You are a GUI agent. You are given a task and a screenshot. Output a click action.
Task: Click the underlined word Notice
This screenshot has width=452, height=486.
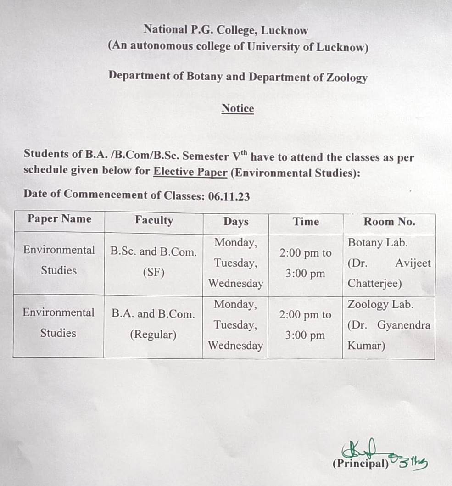coord(237,108)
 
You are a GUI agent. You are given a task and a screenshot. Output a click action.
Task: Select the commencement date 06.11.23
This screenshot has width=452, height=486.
coord(229,196)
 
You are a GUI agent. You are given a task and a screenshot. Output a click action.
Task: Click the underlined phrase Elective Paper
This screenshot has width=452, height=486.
coord(190,173)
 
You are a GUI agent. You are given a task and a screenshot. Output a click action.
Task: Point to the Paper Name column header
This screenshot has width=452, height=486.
coord(59,219)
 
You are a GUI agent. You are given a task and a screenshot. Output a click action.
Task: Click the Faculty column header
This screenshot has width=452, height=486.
coord(154,220)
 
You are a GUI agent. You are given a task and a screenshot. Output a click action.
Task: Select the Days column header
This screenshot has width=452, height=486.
coord(235,222)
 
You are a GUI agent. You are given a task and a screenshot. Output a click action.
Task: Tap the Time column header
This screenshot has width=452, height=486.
coord(306,222)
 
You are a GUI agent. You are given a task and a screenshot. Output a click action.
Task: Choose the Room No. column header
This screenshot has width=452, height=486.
coord(389,222)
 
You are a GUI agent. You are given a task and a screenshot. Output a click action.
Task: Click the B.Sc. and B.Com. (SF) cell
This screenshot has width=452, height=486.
coord(153,262)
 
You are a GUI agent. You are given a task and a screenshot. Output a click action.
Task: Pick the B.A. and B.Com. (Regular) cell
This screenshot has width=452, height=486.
coord(153,324)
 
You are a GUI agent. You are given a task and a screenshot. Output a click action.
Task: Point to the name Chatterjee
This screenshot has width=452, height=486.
coord(374,284)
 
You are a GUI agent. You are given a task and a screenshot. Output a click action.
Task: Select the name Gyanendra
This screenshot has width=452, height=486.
coord(404,325)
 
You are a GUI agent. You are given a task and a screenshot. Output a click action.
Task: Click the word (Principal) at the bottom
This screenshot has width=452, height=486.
coord(360,464)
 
